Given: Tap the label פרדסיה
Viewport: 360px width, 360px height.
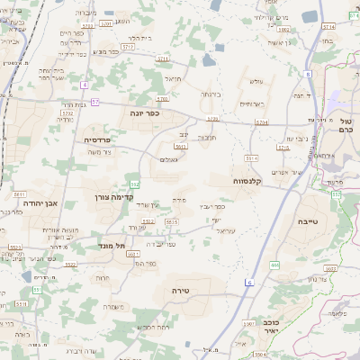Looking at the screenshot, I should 97,139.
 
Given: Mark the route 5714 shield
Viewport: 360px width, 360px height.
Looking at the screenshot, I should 261,121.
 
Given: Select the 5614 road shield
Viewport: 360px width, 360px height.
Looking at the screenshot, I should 251,157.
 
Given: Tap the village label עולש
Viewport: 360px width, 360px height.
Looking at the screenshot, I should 256,82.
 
